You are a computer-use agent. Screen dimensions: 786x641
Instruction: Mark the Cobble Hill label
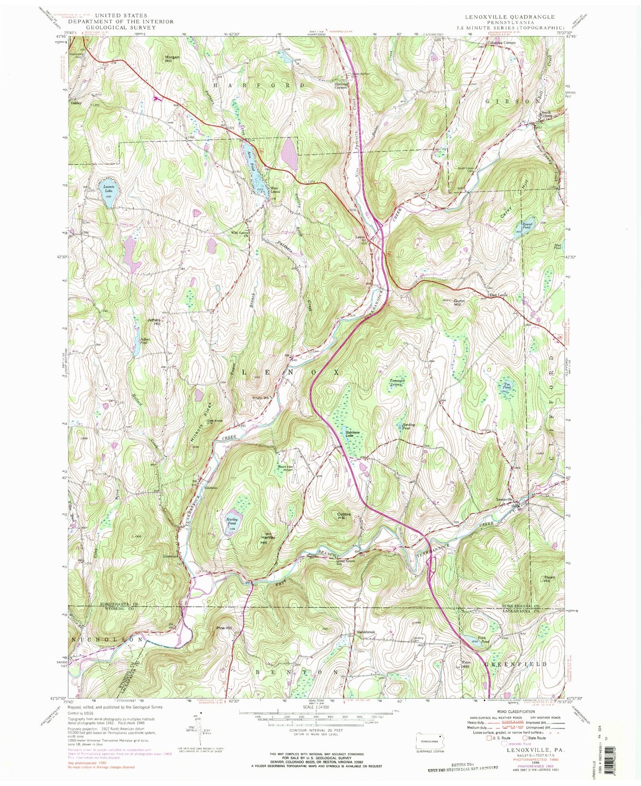tap(344, 516)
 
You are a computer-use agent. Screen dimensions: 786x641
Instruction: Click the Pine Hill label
tap(224, 628)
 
